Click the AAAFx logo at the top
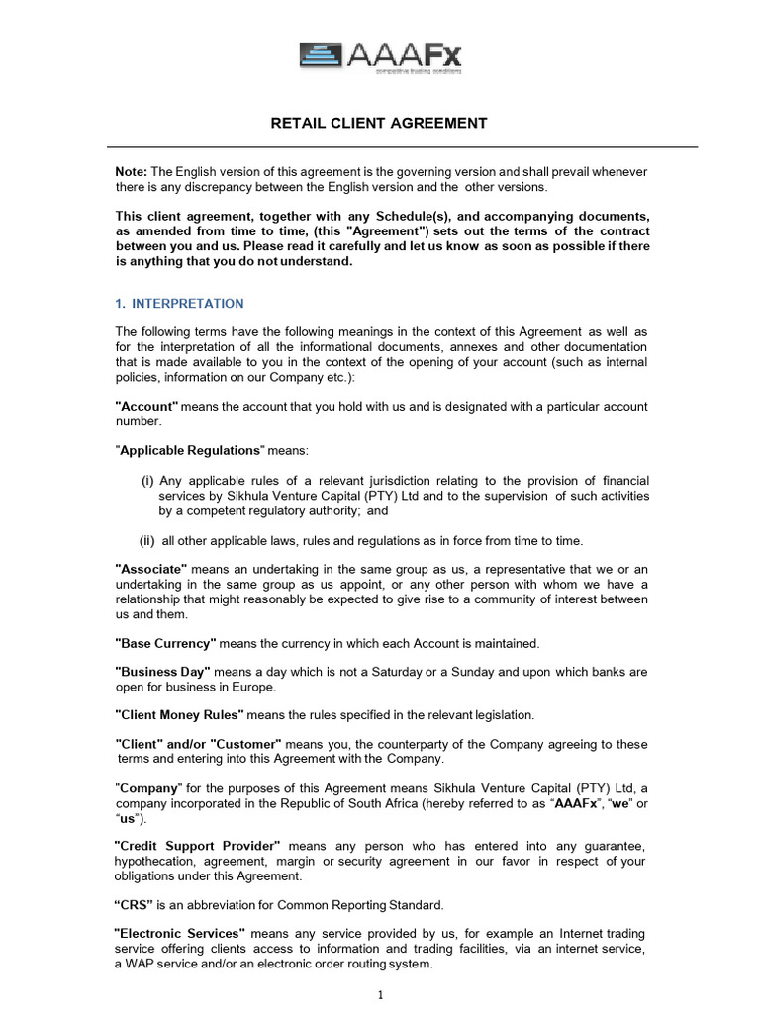[x=380, y=55]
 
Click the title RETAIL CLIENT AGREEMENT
[x=380, y=124]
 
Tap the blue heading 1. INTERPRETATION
[x=179, y=304]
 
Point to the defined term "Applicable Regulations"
[x=190, y=451]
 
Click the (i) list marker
[x=146, y=481]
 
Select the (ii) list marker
[x=146, y=540]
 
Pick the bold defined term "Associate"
[x=151, y=569]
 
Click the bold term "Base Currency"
[x=165, y=643]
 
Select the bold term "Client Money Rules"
[x=179, y=714]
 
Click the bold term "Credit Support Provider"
[x=198, y=847]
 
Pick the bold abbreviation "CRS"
[x=136, y=905]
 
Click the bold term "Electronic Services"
[x=180, y=933]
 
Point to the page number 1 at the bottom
[x=381, y=994]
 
